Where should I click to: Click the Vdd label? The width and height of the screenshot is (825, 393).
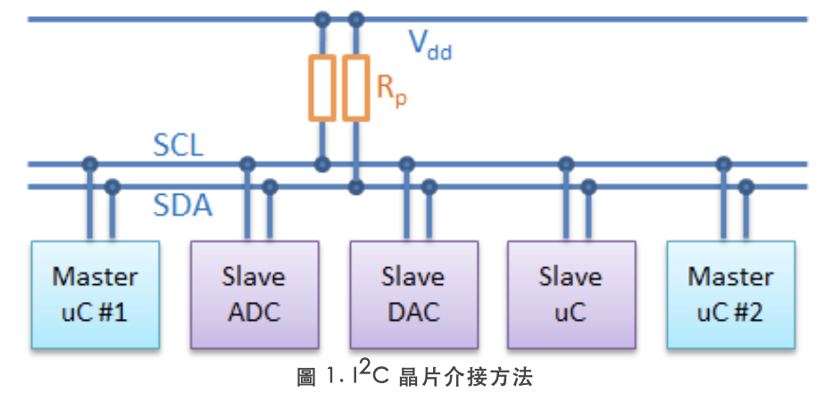click(429, 44)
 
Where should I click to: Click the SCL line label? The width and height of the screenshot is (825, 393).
click(178, 145)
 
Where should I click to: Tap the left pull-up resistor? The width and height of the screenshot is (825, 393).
click(322, 88)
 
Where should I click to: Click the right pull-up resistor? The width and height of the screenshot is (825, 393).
click(356, 88)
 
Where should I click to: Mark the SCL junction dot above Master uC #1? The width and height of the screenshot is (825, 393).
click(89, 163)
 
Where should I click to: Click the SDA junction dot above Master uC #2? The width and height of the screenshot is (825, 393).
click(746, 187)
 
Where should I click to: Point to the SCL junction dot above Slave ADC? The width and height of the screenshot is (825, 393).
click(248, 163)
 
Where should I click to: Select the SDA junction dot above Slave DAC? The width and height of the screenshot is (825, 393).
click(429, 187)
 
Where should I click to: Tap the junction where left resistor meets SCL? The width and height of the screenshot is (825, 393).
click(322, 163)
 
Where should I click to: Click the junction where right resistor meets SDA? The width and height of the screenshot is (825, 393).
click(356, 187)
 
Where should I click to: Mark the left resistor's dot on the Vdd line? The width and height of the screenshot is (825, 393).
click(322, 17)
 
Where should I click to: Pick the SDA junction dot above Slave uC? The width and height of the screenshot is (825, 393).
click(587, 187)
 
